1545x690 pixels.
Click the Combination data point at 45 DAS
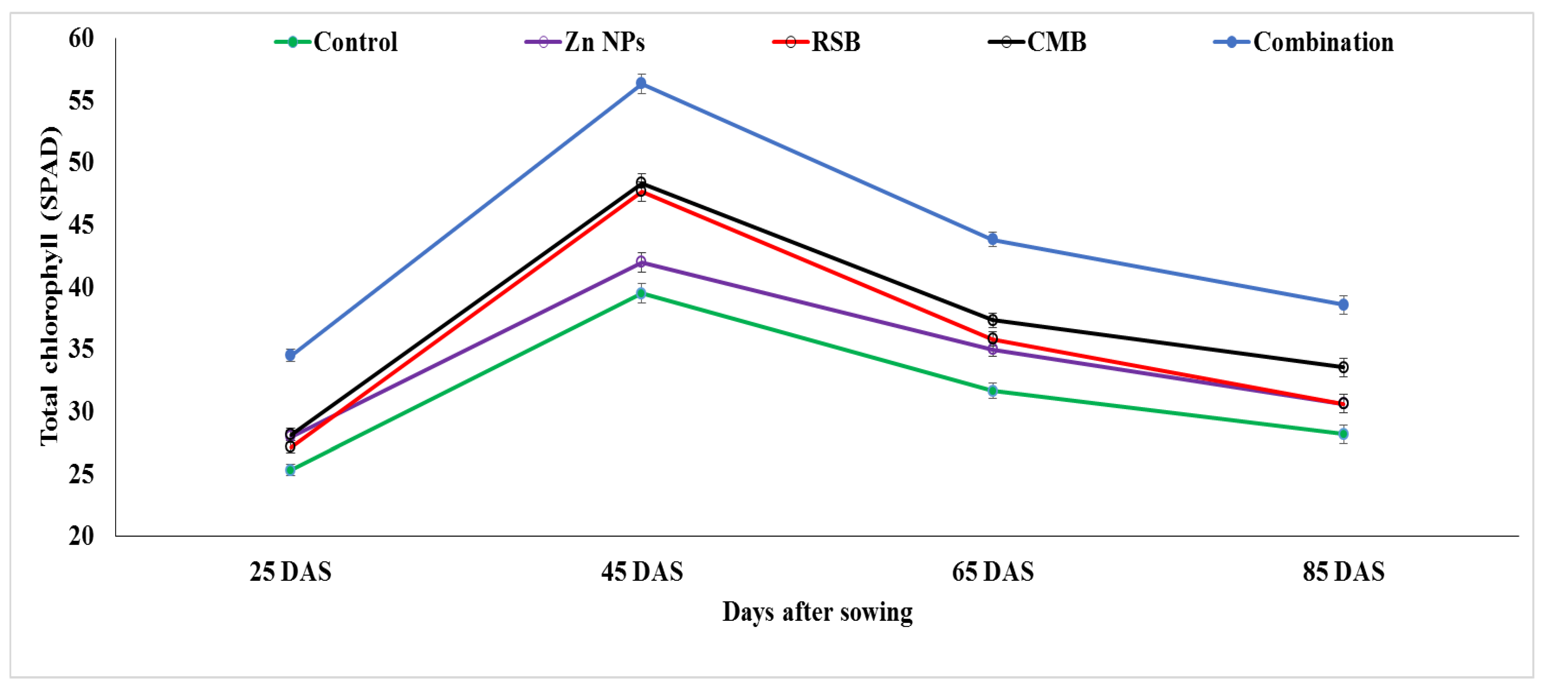[641, 83]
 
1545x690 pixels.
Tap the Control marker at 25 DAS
[290, 470]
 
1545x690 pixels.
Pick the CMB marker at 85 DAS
[1344, 367]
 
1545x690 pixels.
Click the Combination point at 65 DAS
[993, 240]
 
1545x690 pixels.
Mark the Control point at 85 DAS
[1344, 433]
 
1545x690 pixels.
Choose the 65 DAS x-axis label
[993, 571]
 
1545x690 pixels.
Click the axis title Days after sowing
[817, 612]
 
